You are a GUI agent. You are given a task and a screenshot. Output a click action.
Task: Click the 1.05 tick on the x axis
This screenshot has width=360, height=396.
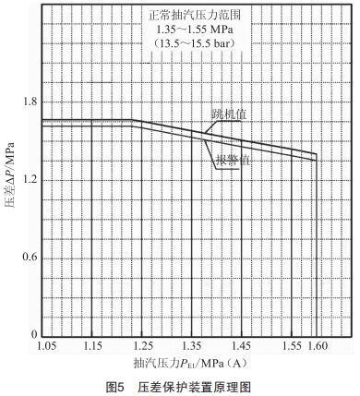pyautogui.click(x=49, y=348)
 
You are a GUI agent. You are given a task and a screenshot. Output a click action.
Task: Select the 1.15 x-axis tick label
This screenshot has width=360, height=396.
pyautogui.click(x=92, y=348)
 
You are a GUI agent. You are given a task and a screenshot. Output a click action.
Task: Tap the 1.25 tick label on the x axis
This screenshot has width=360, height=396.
pyautogui.click(x=143, y=348)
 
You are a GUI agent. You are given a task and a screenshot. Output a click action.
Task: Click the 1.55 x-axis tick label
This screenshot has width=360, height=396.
pyautogui.click(x=291, y=348)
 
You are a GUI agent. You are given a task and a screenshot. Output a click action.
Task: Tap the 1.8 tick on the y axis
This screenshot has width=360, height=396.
pyautogui.click(x=29, y=102)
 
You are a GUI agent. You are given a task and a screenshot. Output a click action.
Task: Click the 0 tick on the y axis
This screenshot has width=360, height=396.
pyautogui.click(x=33, y=334)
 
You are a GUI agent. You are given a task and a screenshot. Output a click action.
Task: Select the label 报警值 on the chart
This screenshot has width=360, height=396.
pyautogui.click(x=234, y=161)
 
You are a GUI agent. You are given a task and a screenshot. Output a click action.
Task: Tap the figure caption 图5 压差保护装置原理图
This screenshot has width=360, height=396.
pyautogui.click(x=180, y=386)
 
